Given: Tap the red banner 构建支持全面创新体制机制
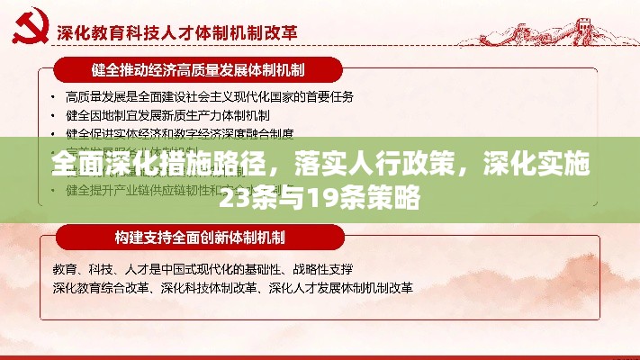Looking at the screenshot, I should tap(199, 238).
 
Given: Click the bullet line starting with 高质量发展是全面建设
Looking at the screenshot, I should tap(209, 96).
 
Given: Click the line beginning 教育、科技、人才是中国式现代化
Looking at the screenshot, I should tap(202, 269).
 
